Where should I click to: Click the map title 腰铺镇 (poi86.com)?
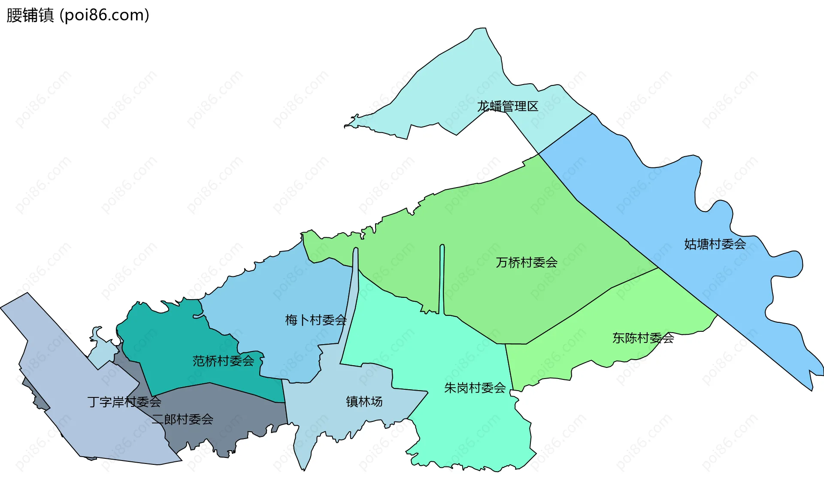pyautogui.click(x=78, y=15)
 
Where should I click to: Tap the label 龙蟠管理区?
pyautogui.click(x=508, y=106)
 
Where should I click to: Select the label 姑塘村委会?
pyautogui.click(x=715, y=244)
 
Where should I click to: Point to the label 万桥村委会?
pyautogui.click(x=527, y=262)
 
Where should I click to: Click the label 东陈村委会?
pyautogui.click(x=643, y=338)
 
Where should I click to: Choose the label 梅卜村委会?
pyautogui.click(x=316, y=320)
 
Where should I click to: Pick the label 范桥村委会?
pyautogui.click(x=223, y=361)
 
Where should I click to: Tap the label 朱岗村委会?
pyautogui.click(x=475, y=388)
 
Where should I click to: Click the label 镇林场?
pyautogui.click(x=364, y=401)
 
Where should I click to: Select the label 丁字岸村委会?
pyautogui.click(x=124, y=402)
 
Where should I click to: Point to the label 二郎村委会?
pyautogui.click(x=182, y=419)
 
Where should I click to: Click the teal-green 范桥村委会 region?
pyautogui.click(x=172, y=339)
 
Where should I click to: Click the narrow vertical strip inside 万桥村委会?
pyautogui.click(x=442, y=279)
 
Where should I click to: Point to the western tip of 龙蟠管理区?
pyautogui.click(x=346, y=126)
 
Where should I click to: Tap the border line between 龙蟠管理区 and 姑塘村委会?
pyautogui.click(x=566, y=133)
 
